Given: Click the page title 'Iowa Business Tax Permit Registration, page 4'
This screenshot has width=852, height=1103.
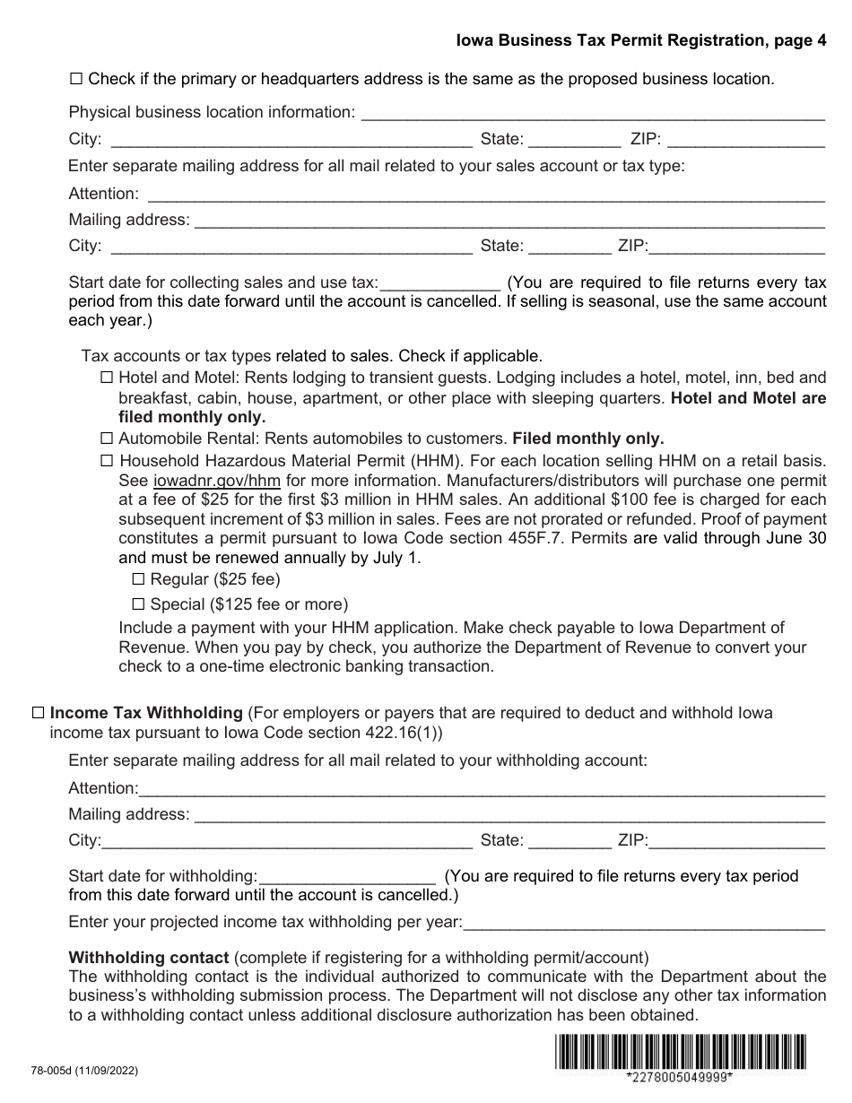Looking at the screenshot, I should [640, 40].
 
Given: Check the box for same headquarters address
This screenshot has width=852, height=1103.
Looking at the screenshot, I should [76, 79].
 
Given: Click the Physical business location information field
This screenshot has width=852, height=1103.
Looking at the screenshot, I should [591, 113].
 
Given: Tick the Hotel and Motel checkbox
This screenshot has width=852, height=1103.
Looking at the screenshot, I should [107, 378].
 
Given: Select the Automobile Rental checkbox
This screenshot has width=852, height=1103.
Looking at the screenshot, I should [107, 439].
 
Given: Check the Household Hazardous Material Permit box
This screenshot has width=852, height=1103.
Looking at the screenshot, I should [107, 461].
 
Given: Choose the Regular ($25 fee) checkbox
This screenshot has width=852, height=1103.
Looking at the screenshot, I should [139, 579].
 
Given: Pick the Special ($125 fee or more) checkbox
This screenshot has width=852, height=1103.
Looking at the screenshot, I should [139, 604].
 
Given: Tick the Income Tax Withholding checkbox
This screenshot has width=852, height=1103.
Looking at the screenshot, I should [39, 714].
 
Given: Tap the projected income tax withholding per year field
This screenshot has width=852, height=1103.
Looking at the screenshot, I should [644, 922].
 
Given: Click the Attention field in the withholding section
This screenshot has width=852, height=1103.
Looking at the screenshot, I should [482, 789].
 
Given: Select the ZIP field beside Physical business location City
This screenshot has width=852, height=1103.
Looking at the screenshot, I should [746, 140].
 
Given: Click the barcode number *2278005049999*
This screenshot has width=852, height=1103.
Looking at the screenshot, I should [680, 1078].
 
